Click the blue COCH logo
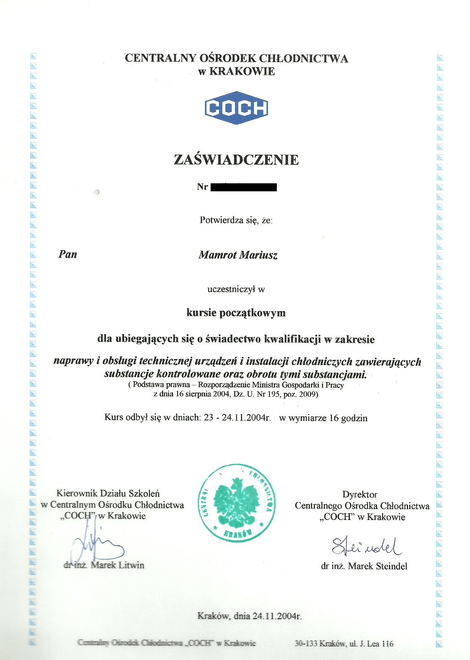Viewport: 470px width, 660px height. [236, 108]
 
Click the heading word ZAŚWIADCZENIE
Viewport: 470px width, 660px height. [236, 160]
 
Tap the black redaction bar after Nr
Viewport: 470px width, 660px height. [243, 188]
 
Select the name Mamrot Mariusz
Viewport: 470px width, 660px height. [238, 255]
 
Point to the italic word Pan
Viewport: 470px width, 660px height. [68, 254]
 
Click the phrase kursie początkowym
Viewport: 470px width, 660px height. [236, 313]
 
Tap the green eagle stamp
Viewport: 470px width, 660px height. [236, 503]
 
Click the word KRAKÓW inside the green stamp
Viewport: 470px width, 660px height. [236, 533]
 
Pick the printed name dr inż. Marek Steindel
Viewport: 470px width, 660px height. [364, 566]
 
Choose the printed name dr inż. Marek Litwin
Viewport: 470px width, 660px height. [104, 565]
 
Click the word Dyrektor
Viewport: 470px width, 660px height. [360, 495]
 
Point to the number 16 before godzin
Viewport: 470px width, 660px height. [334, 418]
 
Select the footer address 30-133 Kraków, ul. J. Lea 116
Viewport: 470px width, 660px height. [344, 644]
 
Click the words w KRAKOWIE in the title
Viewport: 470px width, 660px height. [236, 72]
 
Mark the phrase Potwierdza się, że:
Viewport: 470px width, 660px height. [236, 220]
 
